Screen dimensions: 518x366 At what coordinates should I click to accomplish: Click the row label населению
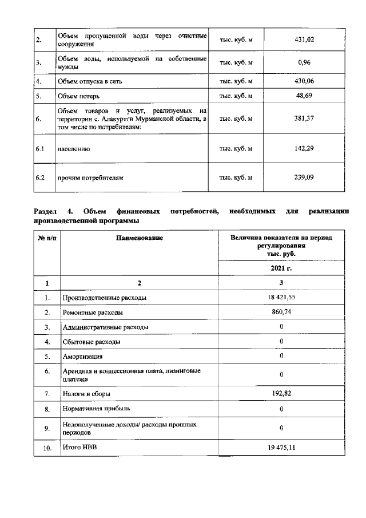click(x=74, y=149)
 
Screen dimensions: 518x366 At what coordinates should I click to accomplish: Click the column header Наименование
click(x=139, y=238)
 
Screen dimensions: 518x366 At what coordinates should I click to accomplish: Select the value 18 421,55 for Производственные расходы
click(x=281, y=298)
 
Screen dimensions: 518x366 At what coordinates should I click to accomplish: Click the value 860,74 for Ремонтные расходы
click(x=281, y=313)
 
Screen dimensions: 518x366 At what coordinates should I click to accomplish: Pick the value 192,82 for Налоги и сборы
click(x=281, y=394)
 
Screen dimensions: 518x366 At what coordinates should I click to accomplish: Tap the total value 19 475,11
click(x=281, y=448)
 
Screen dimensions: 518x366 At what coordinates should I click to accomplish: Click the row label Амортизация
click(x=83, y=356)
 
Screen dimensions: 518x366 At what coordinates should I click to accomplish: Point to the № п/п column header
click(x=46, y=238)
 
